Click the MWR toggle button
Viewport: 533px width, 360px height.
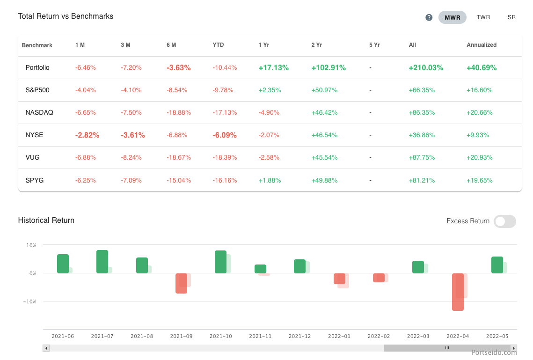[x=452, y=17]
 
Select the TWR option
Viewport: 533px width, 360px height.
[x=483, y=17]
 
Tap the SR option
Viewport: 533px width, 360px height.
[x=511, y=17]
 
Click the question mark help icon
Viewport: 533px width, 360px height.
[x=429, y=17]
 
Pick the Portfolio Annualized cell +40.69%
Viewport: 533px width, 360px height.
[x=482, y=67]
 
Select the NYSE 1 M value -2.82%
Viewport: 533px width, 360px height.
[x=87, y=135]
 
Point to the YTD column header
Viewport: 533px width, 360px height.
[x=218, y=45]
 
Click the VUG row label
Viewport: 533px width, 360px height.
[x=32, y=157]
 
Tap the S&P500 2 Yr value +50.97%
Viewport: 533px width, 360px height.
[x=324, y=90]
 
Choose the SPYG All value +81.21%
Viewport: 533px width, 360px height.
[x=422, y=180]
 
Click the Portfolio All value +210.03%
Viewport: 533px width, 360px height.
[x=425, y=67]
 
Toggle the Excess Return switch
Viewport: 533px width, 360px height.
[x=504, y=221]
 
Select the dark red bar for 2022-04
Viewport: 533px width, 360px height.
[x=458, y=292]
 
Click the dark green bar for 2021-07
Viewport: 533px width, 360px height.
[x=102, y=262]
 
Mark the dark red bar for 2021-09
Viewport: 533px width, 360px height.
[x=181, y=283]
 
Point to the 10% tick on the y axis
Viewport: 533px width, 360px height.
[x=31, y=245]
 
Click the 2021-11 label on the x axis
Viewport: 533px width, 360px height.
[x=260, y=336]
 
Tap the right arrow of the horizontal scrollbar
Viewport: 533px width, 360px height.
[x=514, y=348]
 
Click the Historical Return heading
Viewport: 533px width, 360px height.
[x=46, y=220]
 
